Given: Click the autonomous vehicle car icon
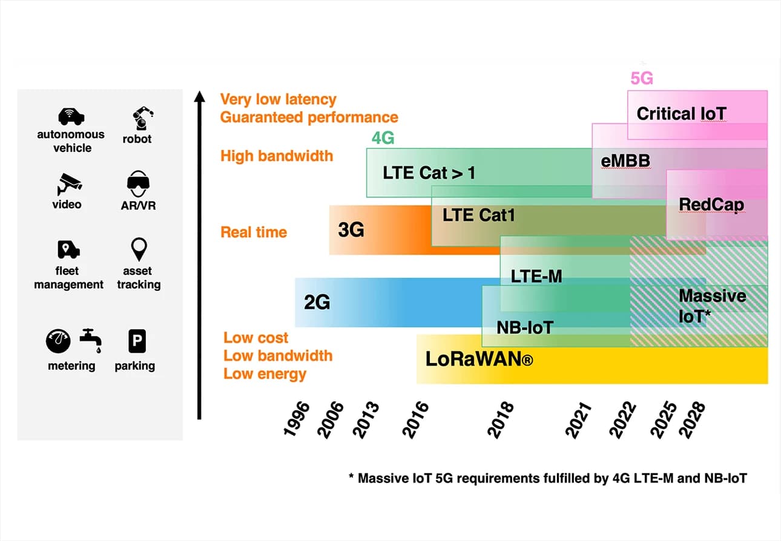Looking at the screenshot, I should pyautogui.click(x=71, y=116).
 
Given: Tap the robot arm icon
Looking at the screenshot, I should pyautogui.click(x=143, y=117).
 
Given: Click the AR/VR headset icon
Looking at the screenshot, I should pyautogui.click(x=138, y=183).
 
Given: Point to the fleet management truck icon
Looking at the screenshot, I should pyautogui.click(x=68, y=249).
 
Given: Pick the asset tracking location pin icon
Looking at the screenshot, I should pyautogui.click(x=139, y=249).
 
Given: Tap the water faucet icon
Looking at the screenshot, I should pyautogui.click(x=91, y=341).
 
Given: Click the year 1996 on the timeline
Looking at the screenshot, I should pyautogui.click(x=296, y=418).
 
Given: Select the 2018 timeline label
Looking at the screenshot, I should pyautogui.click(x=501, y=418).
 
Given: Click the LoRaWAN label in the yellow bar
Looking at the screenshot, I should pyautogui.click(x=479, y=359).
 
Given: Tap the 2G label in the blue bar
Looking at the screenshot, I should pyautogui.click(x=317, y=302).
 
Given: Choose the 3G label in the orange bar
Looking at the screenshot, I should pyautogui.click(x=351, y=230).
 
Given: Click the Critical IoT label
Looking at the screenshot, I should pyautogui.click(x=681, y=114).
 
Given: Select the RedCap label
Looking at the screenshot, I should pyautogui.click(x=711, y=205).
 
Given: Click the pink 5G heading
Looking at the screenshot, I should pyautogui.click(x=642, y=79).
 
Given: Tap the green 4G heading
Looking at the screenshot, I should pyautogui.click(x=383, y=139).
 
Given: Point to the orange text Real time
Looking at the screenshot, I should pyautogui.click(x=254, y=232).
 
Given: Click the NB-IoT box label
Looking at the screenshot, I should pyautogui.click(x=525, y=328).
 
